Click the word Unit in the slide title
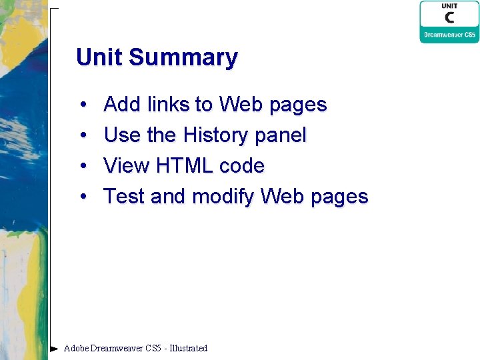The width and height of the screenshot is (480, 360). coord(99,57)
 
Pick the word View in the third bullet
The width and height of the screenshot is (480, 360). coord(127,166)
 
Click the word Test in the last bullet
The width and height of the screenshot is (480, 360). coord(124,197)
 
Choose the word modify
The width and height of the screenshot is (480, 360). coord(223,197)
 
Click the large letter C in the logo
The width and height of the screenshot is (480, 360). coord(449,19)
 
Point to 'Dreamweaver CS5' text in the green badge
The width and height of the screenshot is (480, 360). coord(449,35)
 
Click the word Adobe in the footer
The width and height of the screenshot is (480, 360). coord(76,348)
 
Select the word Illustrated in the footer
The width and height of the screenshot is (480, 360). coord(189,348)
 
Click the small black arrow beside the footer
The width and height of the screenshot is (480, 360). coord(54,348)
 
